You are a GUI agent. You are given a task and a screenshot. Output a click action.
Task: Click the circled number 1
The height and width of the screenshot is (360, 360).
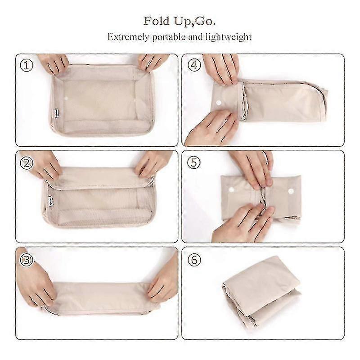click(x=27, y=65)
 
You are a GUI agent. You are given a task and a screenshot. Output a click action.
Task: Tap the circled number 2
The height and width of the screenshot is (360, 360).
click(x=27, y=163)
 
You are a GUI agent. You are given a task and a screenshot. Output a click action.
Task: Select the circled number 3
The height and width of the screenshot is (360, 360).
click(x=27, y=260)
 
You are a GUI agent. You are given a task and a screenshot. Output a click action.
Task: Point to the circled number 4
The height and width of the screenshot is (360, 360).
click(x=194, y=65)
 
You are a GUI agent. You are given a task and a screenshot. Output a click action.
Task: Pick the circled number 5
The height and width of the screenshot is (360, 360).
click(x=194, y=162)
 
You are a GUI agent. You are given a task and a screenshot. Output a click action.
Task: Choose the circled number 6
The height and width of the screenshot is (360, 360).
click(x=194, y=260)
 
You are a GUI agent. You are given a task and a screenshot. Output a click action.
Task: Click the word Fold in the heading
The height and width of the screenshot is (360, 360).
click(x=157, y=21)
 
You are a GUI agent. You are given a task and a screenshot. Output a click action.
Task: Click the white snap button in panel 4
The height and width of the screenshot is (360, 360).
click(x=219, y=103)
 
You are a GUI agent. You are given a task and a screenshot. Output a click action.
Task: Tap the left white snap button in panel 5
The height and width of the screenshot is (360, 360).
click(x=231, y=190)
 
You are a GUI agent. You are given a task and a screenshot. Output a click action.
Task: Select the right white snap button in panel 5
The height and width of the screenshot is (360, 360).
click(x=291, y=191)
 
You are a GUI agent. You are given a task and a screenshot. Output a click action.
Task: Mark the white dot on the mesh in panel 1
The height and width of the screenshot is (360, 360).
click(x=66, y=99)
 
